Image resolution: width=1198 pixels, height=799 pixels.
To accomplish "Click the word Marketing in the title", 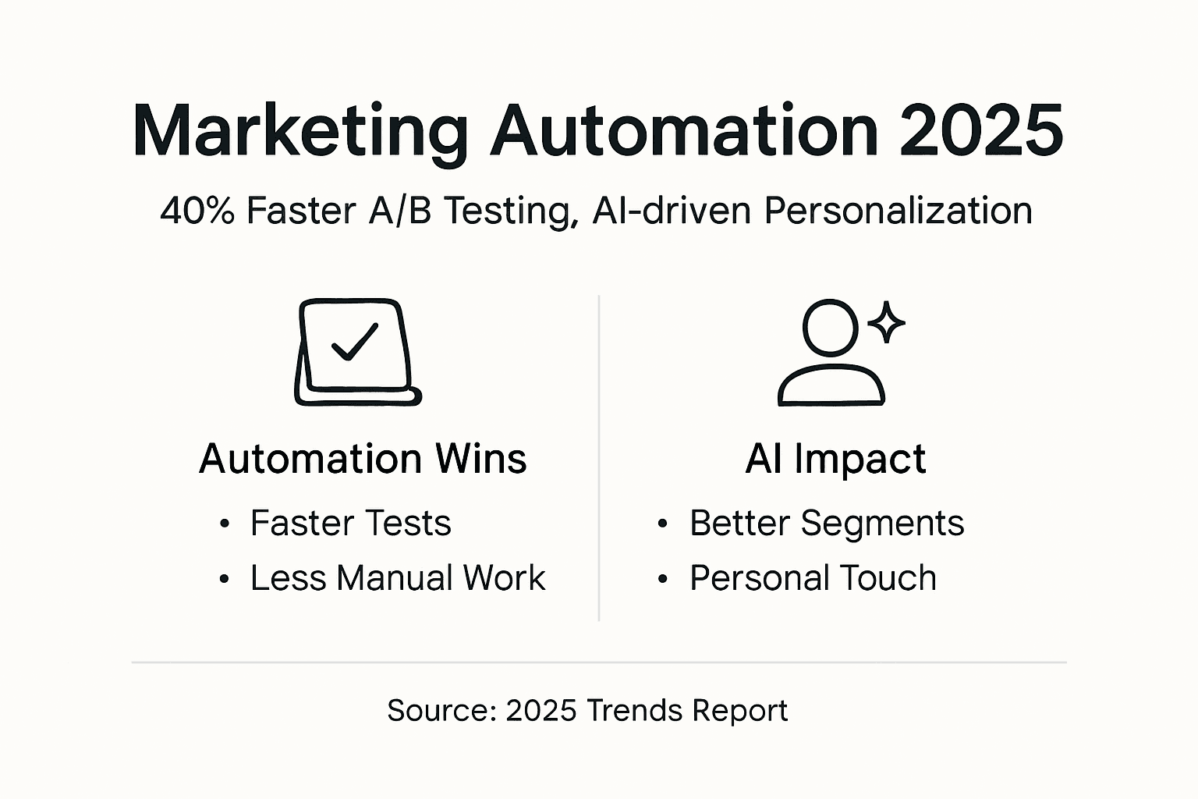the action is click(x=300, y=132).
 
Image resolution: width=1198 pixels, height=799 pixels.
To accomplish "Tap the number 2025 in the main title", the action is click(x=982, y=131).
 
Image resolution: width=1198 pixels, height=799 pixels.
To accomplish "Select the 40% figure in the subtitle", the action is click(x=197, y=211).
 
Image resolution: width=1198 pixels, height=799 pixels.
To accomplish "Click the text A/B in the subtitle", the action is click(x=400, y=210).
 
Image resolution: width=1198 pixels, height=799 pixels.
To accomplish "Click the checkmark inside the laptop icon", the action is click(x=355, y=342).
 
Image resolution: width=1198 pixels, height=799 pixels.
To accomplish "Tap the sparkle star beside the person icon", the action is click(x=886, y=322).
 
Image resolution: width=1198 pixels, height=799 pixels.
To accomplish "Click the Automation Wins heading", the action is click(x=363, y=459).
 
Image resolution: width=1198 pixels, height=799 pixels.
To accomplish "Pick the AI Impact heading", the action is click(x=836, y=459).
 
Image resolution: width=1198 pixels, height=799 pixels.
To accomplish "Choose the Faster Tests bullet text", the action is click(x=351, y=523).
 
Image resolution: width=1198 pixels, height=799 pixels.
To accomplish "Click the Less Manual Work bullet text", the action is click(x=398, y=578).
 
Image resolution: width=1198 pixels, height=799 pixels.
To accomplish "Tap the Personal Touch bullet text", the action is click(x=813, y=578).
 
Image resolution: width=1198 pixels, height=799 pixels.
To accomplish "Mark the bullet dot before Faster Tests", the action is click(x=225, y=524).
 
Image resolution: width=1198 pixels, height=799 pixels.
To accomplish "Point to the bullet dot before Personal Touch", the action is click(x=663, y=578).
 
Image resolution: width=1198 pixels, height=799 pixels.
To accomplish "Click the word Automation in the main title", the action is click(x=684, y=131).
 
